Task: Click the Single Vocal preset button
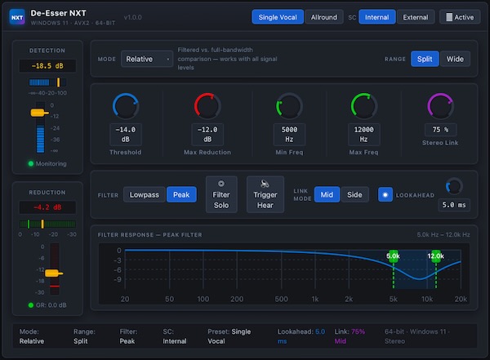(x=278, y=17)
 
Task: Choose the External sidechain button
(x=416, y=17)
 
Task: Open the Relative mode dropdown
(x=147, y=59)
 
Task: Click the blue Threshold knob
(x=126, y=106)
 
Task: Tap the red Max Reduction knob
(x=207, y=106)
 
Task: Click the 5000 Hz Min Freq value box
(x=290, y=134)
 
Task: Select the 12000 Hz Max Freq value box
(x=364, y=134)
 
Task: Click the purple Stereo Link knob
(x=441, y=106)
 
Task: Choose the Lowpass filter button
(x=145, y=194)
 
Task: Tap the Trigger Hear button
(x=265, y=194)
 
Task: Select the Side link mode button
(x=354, y=194)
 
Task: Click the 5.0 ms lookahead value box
(x=455, y=206)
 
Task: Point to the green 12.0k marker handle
(x=436, y=256)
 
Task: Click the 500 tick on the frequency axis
(x=282, y=299)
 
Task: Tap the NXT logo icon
(x=17, y=17)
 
